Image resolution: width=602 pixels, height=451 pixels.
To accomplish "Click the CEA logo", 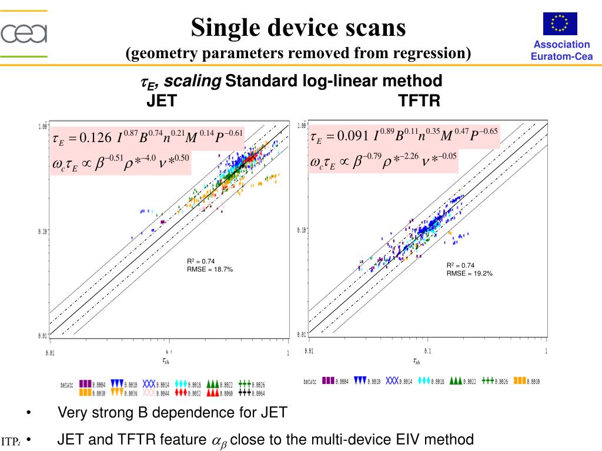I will click(24, 33).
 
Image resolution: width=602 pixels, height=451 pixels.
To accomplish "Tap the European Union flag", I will click(560, 24).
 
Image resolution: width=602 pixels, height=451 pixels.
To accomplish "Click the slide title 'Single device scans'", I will click(298, 27).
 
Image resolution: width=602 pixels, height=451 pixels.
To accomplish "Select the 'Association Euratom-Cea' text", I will click(561, 51).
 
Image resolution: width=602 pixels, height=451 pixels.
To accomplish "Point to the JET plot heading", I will click(161, 101).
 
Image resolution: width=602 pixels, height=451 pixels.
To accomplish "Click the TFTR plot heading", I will click(419, 101).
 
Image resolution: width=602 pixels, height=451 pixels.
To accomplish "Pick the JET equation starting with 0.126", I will click(148, 137).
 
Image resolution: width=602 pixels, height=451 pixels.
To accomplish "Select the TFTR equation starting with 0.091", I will click(404, 137).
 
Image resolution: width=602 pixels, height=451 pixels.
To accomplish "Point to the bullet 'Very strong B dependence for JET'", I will click(172, 413).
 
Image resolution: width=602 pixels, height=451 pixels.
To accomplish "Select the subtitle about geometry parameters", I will click(298, 53).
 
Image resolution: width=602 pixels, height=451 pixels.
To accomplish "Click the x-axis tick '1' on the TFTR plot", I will click(546, 351).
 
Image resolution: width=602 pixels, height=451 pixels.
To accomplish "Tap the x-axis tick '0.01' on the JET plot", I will click(52, 353).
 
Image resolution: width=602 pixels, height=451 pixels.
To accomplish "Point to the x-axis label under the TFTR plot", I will click(416, 362).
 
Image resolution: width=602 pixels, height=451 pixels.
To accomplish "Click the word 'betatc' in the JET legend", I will click(67, 386).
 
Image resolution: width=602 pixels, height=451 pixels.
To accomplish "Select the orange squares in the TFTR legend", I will click(520, 381).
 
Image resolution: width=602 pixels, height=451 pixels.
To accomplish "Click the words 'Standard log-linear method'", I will click(333, 81).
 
